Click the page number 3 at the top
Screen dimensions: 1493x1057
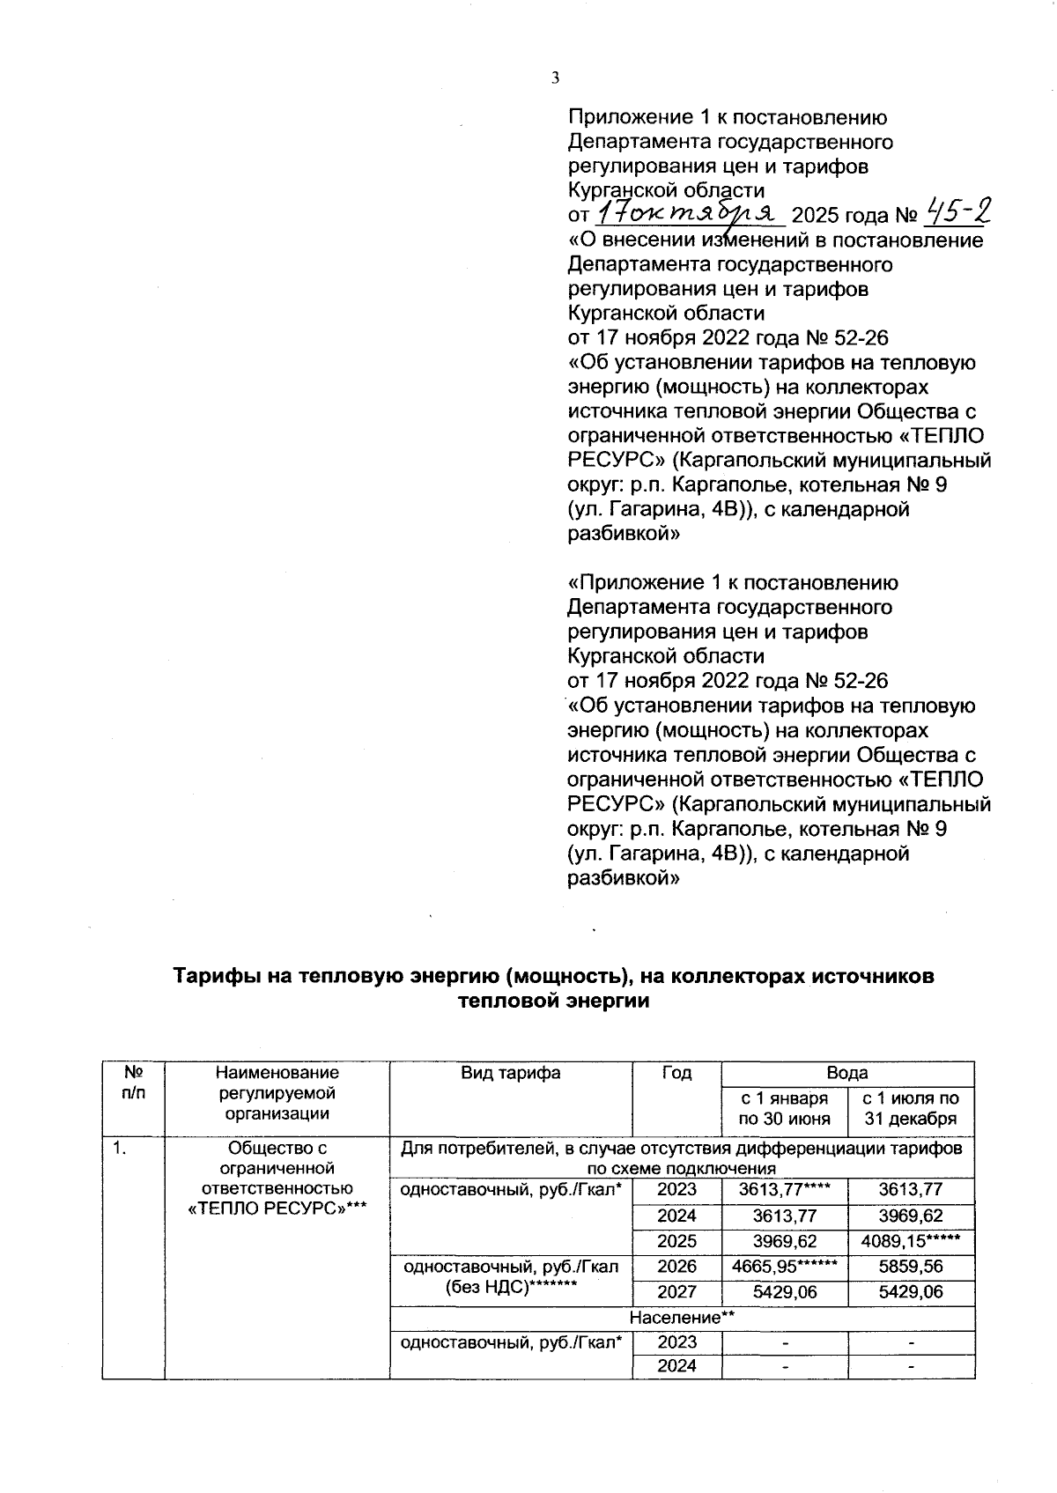tap(555, 78)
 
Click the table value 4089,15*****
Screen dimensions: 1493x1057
tap(911, 1241)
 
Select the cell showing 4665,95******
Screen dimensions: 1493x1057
tap(784, 1267)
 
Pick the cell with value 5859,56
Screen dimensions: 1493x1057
tap(911, 1267)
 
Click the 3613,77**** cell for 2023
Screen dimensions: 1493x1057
tap(784, 1190)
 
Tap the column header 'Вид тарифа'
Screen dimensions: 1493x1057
tap(511, 1073)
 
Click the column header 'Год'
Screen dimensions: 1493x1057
tap(676, 1073)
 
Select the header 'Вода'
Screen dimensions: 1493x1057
tap(846, 1073)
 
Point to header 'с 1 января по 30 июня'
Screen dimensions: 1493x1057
tap(784, 1109)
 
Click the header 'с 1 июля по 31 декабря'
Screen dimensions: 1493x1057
tap(911, 1109)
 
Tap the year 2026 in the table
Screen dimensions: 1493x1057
tap(676, 1267)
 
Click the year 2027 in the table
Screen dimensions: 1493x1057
tap(676, 1292)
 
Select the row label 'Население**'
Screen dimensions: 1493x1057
tap(682, 1318)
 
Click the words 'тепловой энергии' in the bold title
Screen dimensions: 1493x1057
tap(554, 1001)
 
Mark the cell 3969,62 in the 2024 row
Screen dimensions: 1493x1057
tap(911, 1216)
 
